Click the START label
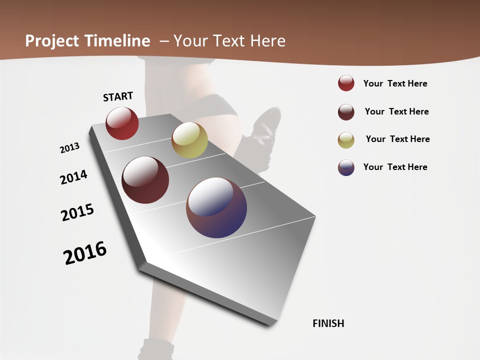pyautogui.click(x=118, y=96)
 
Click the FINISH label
pyautogui.click(x=328, y=323)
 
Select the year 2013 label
pyautogui.click(x=69, y=148)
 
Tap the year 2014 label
pyautogui.click(x=73, y=177)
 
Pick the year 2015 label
pyautogui.click(x=77, y=212)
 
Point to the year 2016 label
pyautogui.click(x=85, y=252)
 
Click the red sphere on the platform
pyautogui.click(x=122, y=123)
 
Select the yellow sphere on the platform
pyautogui.click(x=189, y=140)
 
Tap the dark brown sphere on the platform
pyautogui.click(x=145, y=180)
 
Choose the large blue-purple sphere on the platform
pyautogui.click(x=216, y=207)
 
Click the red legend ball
pyautogui.click(x=346, y=83)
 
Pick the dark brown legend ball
pyautogui.click(x=346, y=112)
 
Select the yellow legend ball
pyautogui.click(x=346, y=140)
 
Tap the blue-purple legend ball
pyautogui.click(x=346, y=167)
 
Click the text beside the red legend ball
pyautogui.click(x=395, y=83)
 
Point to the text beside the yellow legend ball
pyautogui.click(x=397, y=139)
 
